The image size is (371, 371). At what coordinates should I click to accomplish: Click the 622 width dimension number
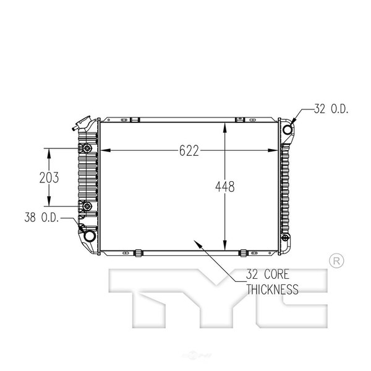pos(189,151)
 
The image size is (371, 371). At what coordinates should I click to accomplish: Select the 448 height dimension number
pos(225,187)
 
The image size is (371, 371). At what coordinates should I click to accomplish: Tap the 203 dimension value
pos(49,177)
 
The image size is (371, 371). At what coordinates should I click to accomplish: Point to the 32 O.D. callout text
pos(331,109)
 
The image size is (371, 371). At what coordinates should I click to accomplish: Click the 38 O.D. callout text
pos(41,217)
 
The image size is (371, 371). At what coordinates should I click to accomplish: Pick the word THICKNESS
pos(272,289)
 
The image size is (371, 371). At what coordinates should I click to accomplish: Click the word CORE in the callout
pos(276,275)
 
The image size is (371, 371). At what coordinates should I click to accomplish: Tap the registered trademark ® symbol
pos(336,261)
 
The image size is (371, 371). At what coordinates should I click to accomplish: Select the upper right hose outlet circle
pos(288,129)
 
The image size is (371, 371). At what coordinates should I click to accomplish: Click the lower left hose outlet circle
pos(90,236)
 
